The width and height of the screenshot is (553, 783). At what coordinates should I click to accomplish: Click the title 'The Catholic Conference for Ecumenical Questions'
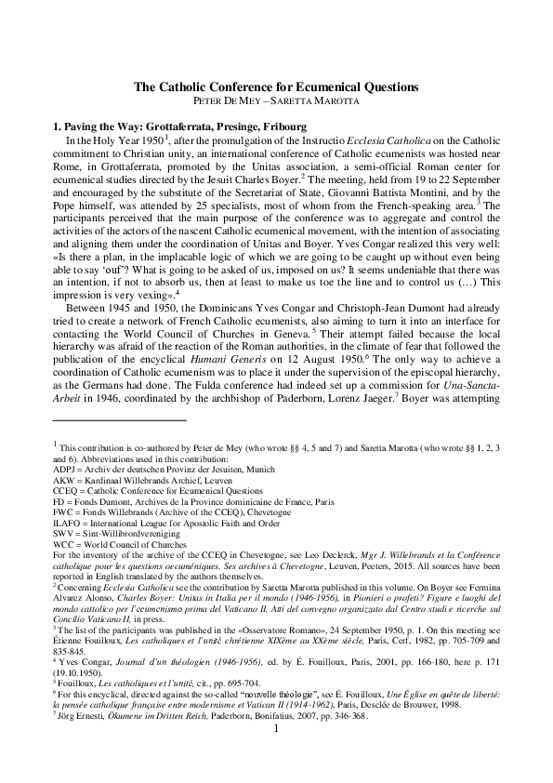coord(276,86)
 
